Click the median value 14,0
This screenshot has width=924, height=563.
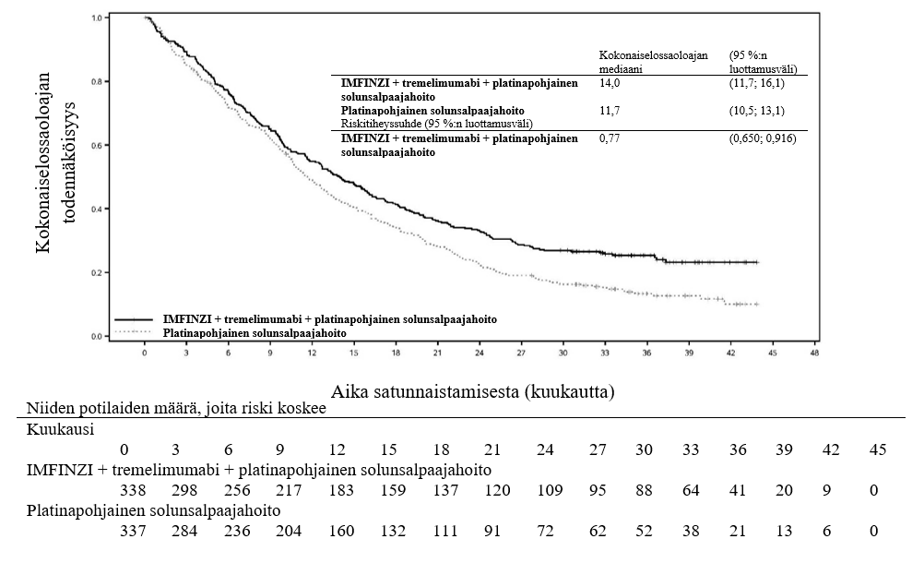[610, 83]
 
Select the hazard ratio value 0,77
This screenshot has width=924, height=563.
[609, 138]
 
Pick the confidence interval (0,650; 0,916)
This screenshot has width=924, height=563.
[762, 138]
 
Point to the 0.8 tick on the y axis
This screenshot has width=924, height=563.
[95, 81]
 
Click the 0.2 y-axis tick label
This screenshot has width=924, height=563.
[95, 273]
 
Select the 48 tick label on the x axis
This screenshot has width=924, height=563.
[814, 353]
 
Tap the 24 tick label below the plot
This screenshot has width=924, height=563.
[480, 353]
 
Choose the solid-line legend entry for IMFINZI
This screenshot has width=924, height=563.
[329, 318]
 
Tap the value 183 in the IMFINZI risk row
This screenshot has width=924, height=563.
[340, 489]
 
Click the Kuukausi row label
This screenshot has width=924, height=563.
[60, 429]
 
